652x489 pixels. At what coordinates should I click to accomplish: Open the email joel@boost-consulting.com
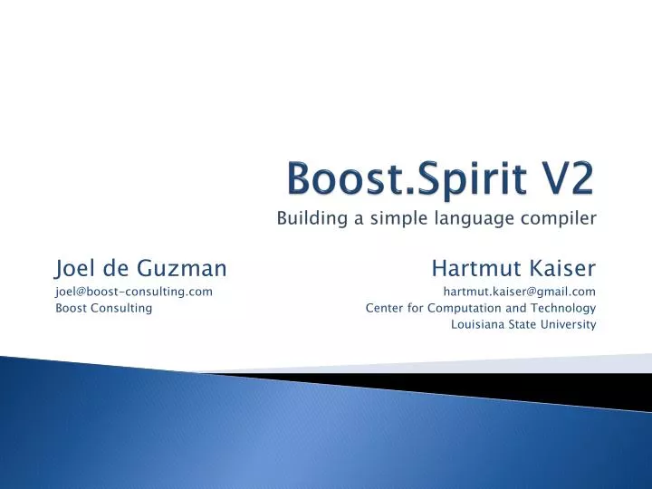tap(134, 291)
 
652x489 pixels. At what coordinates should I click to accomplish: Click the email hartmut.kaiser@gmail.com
tap(519, 291)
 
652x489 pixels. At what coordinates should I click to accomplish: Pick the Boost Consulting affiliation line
tap(103, 308)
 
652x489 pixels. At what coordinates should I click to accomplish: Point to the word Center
tap(382, 308)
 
